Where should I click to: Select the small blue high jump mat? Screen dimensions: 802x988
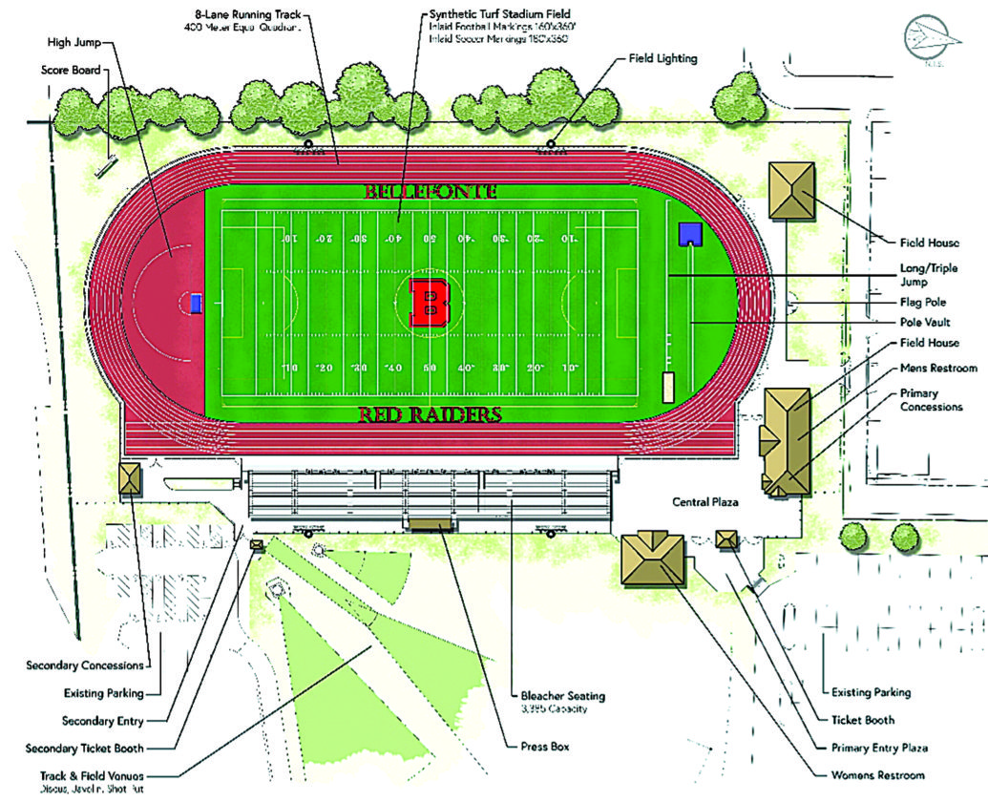click(196, 304)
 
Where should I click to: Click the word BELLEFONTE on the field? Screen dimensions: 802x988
click(431, 191)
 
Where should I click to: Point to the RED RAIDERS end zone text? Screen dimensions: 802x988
click(430, 415)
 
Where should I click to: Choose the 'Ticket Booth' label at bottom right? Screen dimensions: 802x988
click(863, 719)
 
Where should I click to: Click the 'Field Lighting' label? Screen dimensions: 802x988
click(662, 58)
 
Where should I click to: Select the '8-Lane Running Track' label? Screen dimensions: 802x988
click(251, 15)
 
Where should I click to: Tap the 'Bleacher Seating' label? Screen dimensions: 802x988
click(562, 696)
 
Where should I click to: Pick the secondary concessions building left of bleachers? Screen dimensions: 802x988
click(129, 477)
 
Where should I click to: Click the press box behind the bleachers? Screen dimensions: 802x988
click(433, 524)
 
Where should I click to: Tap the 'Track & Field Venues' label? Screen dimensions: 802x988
click(84, 776)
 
